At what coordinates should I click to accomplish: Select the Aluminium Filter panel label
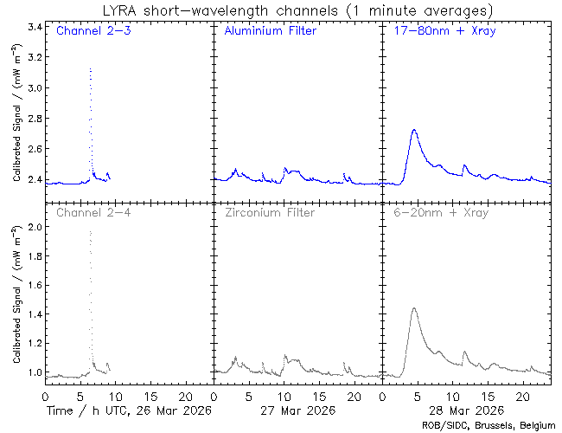[270, 32]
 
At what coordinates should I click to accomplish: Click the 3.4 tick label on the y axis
[35, 28]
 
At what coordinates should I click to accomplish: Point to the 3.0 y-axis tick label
[35, 88]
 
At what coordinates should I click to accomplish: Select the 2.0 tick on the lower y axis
[35, 227]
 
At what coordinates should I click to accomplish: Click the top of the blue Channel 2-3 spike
[90, 68]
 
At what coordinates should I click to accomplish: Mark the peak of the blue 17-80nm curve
[415, 130]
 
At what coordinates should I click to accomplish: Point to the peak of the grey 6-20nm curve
[415, 308]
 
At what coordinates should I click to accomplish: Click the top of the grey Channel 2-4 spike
[90, 231]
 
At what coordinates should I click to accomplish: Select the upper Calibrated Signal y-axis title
[16, 126]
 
